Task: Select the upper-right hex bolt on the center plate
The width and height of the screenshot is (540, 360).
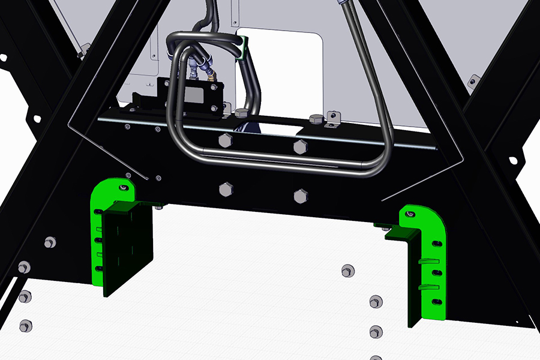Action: (299, 146)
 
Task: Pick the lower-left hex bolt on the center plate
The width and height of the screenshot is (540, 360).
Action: (226, 190)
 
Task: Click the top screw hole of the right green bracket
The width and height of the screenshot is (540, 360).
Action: (410, 214)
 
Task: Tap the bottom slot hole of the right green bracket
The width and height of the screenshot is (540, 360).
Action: (436, 301)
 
